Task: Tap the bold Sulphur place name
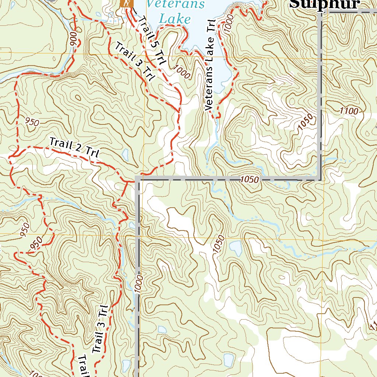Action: [324, 4]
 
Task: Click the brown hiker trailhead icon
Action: [126, 4]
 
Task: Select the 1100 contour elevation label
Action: [349, 110]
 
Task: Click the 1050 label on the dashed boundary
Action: [250, 180]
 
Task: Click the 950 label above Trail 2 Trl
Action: [32, 121]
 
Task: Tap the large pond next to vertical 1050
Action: [236, 248]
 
